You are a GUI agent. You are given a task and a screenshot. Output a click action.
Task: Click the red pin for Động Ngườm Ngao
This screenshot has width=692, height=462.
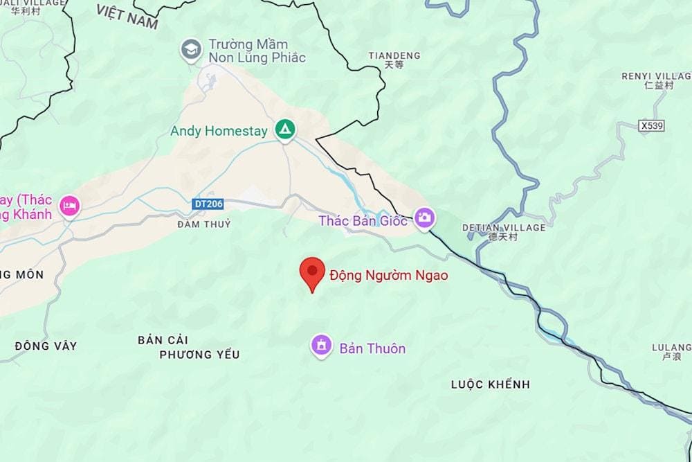pyautogui.click(x=312, y=272)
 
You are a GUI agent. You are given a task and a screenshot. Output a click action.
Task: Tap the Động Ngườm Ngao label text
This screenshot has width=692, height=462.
pyautogui.click(x=388, y=276)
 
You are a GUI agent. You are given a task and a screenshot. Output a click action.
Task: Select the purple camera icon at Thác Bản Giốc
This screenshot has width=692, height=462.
pyautogui.click(x=424, y=218)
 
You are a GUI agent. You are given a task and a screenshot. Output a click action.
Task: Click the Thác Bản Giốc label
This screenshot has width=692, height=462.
pyautogui.click(x=363, y=221)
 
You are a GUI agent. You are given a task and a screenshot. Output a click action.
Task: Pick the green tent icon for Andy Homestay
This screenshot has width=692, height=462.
pyautogui.click(x=285, y=130)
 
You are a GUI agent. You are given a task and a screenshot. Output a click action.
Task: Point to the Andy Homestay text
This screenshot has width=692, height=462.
pyautogui.click(x=219, y=131)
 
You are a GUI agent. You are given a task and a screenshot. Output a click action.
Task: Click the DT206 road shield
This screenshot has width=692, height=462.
pyautogui.click(x=209, y=204)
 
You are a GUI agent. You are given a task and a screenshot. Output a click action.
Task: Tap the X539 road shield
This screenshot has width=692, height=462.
pyautogui.click(x=652, y=125)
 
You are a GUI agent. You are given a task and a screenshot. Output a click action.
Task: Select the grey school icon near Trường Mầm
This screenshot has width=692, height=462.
pyautogui.click(x=190, y=48)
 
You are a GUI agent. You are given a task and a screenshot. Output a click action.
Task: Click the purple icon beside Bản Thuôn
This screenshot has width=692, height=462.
pyautogui.click(x=321, y=345)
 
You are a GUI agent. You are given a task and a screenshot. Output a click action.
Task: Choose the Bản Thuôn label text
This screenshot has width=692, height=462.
pyautogui.click(x=372, y=348)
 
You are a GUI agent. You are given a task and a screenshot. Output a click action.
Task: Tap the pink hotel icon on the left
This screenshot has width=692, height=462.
pyautogui.click(x=70, y=206)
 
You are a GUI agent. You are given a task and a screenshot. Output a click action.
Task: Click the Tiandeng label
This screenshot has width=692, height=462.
pyautogui.click(x=394, y=55)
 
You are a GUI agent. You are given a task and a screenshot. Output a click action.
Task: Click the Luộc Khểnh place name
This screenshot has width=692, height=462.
pyautogui.click(x=490, y=384)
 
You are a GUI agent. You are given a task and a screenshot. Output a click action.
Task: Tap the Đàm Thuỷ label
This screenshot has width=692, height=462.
pyautogui.click(x=203, y=224)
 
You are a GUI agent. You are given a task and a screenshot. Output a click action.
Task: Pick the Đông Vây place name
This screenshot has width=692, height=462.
pyautogui.click(x=46, y=346)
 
